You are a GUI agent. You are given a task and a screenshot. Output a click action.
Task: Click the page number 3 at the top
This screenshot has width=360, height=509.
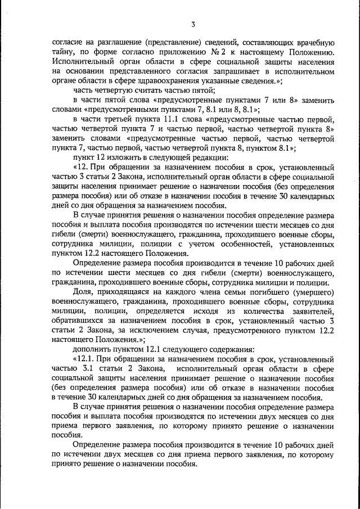coord(192,24)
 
